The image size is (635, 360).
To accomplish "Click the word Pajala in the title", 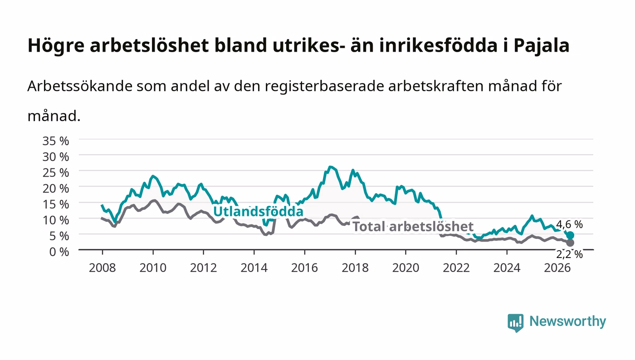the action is [x=542, y=46].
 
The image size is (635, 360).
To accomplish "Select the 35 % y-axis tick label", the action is [x=56, y=141].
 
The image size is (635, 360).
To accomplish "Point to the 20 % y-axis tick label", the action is [x=56, y=189].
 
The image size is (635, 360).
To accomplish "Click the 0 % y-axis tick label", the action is [x=59, y=252].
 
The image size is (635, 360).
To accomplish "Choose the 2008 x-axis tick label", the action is [x=103, y=268].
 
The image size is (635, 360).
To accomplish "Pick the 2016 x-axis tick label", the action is [x=304, y=268].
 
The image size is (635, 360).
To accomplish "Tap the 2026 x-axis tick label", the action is [x=557, y=268].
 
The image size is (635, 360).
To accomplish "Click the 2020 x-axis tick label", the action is [x=405, y=268].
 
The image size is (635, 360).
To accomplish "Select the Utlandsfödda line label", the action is [x=258, y=211].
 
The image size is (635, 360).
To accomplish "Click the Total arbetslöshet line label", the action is [x=413, y=227].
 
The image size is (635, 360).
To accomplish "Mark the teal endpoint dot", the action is [x=570, y=235].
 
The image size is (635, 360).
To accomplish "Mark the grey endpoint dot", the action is [x=570, y=243].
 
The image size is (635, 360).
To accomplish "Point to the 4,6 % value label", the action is [x=570, y=224].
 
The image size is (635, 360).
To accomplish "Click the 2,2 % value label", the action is [x=570, y=254].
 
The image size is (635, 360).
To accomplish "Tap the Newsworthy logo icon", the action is [x=516, y=322].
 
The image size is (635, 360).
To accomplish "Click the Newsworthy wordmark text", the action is [x=568, y=321].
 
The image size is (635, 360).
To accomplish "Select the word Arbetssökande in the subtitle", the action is [x=80, y=86].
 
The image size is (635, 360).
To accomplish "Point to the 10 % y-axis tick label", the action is [x=56, y=220].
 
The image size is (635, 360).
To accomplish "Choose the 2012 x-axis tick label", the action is [x=203, y=268].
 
